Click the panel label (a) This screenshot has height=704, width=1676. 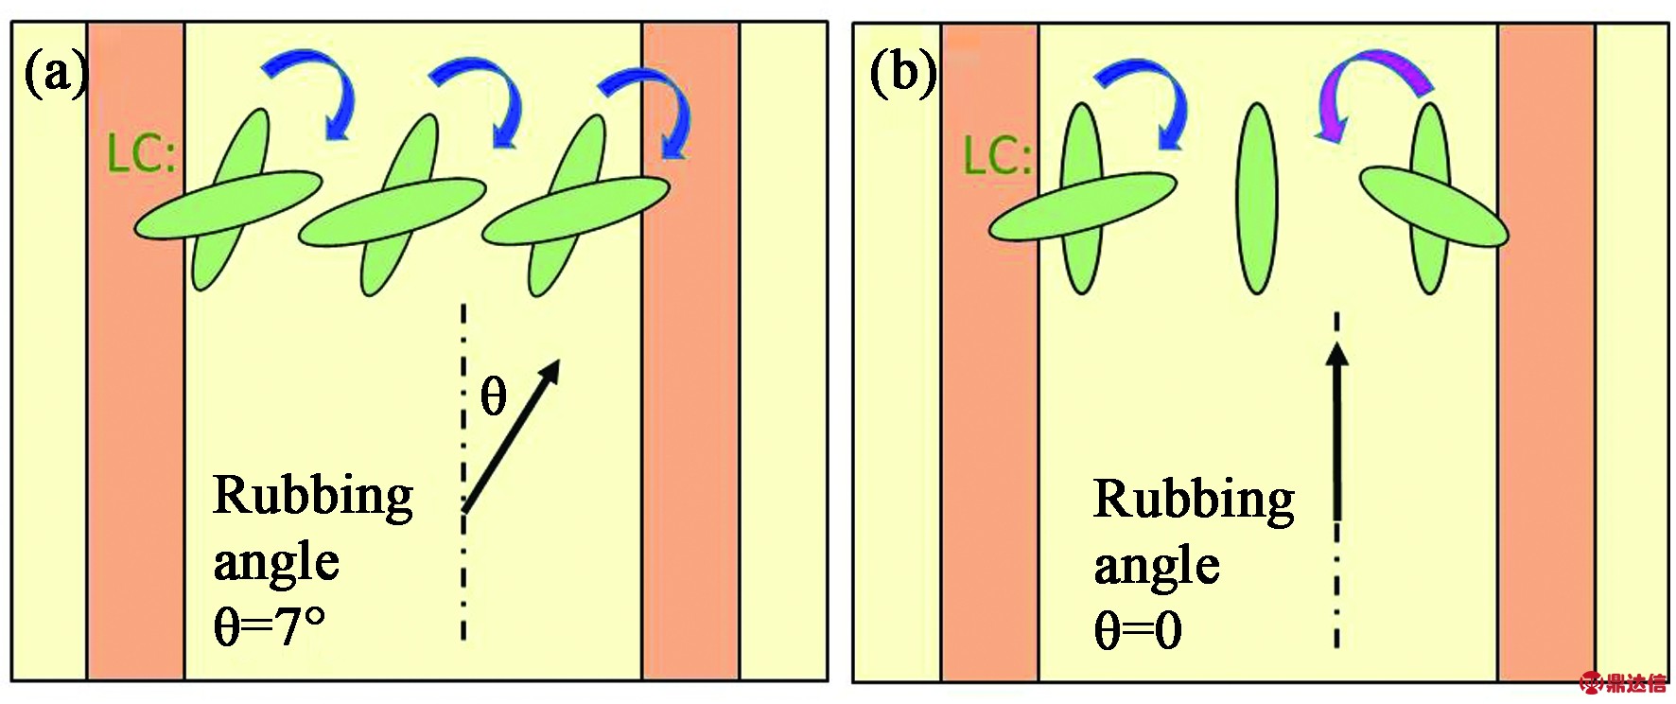pyautogui.click(x=55, y=74)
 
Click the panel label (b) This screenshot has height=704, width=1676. pyautogui.click(x=902, y=74)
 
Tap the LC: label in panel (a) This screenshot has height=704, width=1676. pyautogui.click(x=142, y=153)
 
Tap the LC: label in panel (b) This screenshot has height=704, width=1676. pyautogui.click(x=997, y=156)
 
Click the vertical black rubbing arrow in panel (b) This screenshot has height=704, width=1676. pyautogui.click(x=1336, y=431)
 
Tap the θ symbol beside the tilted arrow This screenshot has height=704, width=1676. pyautogui.click(x=494, y=396)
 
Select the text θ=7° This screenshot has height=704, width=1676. pyautogui.click(x=270, y=625)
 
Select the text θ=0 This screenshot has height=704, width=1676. pyautogui.click(x=1138, y=629)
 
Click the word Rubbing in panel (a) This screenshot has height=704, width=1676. pyautogui.click(x=313, y=496)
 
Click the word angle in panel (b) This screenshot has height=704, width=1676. pyautogui.click(x=1157, y=566)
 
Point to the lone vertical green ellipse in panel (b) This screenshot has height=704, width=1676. pyautogui.click(x=1256, y=198)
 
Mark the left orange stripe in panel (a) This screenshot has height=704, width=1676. pyautogui.click(x=136, y=351)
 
